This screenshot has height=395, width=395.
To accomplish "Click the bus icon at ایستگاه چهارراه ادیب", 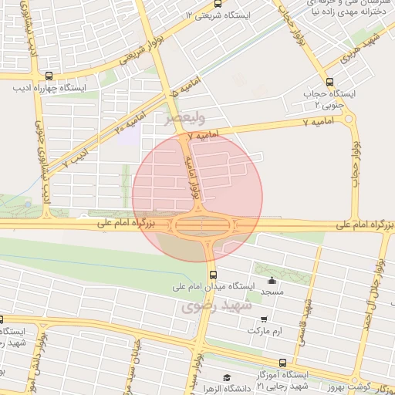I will coord(49,76).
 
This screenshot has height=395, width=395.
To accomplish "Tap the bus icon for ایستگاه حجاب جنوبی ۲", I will coord(330,83).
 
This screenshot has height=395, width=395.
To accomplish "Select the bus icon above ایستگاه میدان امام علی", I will coord(214,275).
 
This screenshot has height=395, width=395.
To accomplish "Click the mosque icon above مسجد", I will coord(271,281).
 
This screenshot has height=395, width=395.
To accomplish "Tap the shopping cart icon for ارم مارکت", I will coord(265,319).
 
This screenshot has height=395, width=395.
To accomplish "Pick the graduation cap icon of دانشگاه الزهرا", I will coord(226,377).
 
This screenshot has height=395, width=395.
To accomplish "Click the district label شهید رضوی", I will coord(218,306).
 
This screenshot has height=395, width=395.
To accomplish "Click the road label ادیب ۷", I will coord(76,155).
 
